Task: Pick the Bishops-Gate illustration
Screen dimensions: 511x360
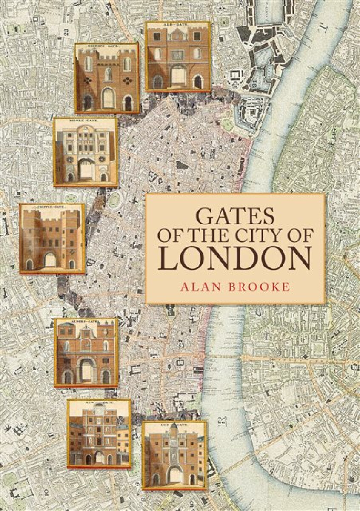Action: (107, 78)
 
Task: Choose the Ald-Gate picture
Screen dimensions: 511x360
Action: (178, 57)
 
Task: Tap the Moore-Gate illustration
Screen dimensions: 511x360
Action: (86, 152)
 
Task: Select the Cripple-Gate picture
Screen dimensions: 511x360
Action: (52, 238)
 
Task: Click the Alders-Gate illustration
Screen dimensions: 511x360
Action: (86, 353)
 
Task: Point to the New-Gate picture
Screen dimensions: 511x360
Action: (99, 433)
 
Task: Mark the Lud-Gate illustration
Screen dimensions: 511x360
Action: (174, 455)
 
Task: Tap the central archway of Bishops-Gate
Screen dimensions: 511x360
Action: (108, 98)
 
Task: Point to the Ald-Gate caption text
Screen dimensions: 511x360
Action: (178, 26)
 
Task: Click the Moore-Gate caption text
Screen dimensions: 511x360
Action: (85, 121)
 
